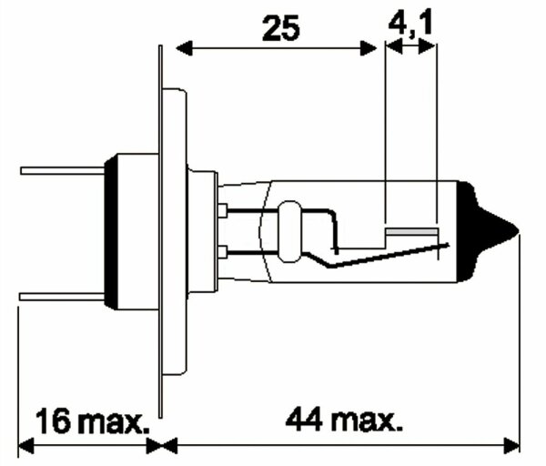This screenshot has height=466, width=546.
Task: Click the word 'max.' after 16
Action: coord(113,422)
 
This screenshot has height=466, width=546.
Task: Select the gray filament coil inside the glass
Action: coord(411,233)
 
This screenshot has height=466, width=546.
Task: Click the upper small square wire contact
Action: coord(223,211)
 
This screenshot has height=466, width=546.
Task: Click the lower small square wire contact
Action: coord(223,251)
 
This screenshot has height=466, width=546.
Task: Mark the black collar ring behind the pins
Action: coord(109,232)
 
